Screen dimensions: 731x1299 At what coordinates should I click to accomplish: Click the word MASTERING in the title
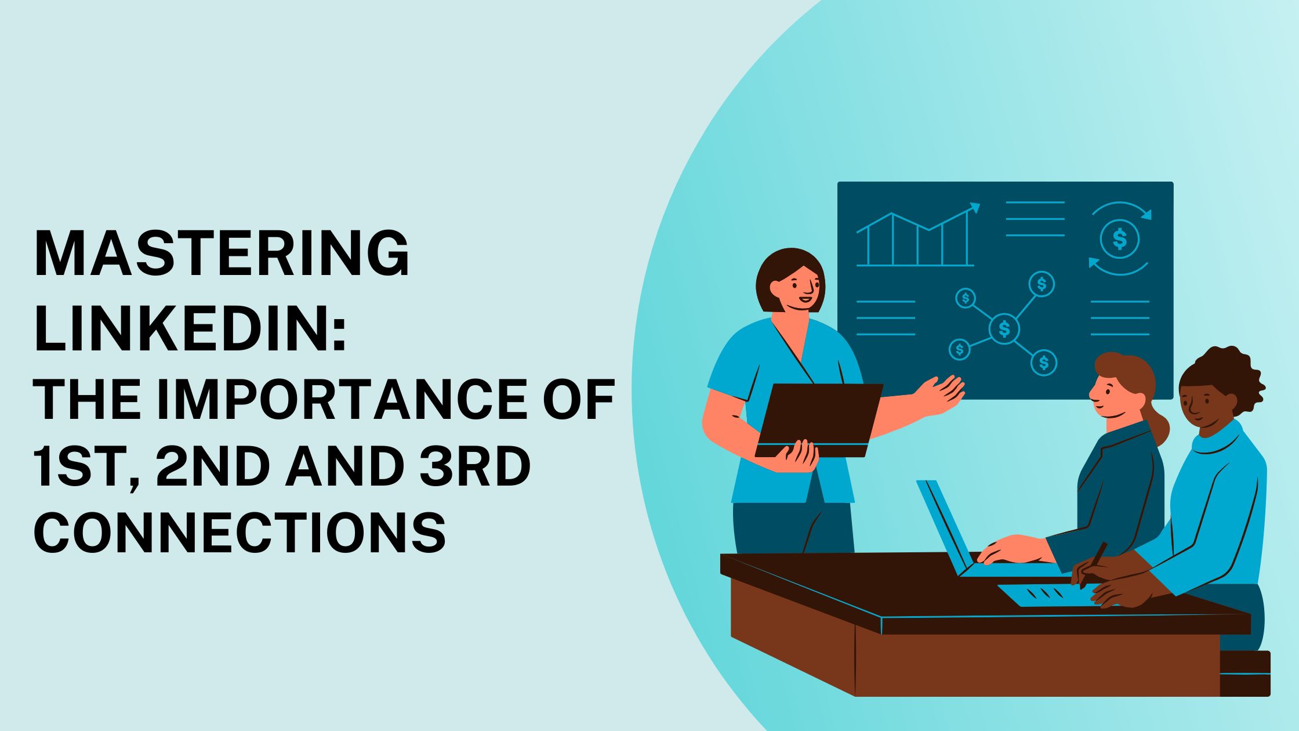(222, 254)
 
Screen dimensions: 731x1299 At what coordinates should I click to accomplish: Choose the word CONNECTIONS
(240, 533)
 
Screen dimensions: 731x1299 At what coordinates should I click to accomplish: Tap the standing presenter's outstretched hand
(942, 395)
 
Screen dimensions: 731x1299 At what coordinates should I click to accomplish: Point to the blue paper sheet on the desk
(1044, 595)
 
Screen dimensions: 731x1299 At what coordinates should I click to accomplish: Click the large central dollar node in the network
(1004, 329)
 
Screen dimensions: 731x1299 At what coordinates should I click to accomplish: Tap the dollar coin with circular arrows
(1120, 238)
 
